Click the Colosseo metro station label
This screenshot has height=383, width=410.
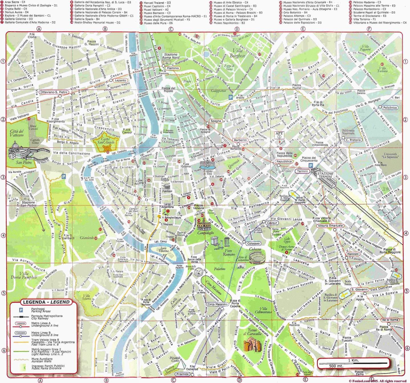(253, 244)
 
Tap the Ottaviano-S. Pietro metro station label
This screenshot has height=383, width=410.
(54, 92)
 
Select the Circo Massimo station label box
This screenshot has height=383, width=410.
(217, 304)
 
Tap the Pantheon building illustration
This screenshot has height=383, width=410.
(167, 187)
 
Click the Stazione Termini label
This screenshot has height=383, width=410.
(325, 175)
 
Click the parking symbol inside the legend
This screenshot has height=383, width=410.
(21, 310)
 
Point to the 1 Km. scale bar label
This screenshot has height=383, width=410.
(353, 360)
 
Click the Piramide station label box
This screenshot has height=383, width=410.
(182, 374)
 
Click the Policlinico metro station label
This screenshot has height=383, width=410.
(390, 108)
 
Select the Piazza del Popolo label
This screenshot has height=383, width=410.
(169, 90)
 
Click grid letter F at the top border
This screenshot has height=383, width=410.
(369, 29)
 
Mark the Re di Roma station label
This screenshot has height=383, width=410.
(390, 320)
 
